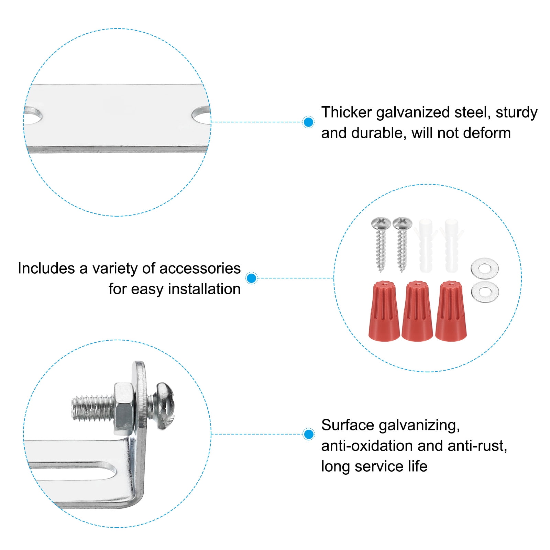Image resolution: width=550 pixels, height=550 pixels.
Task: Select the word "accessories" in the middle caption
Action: click(x=200, y=268)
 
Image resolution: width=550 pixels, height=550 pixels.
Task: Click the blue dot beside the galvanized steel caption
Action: click(x=309, y=122)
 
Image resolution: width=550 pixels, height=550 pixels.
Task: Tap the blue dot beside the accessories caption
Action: click(x=252, y=278)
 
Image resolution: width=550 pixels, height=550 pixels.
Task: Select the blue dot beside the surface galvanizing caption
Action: click(x=309, y=434)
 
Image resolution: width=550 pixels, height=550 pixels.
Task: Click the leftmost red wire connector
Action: click(x=384, y=311)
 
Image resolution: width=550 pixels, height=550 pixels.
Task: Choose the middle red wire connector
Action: click(x=417, y=311)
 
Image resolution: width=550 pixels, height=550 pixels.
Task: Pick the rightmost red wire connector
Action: click(x=451, y=311)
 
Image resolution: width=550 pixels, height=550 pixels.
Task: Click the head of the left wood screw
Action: click(x=381, y=223)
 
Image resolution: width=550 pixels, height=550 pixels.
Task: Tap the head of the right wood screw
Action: click(x=402, y=223)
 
